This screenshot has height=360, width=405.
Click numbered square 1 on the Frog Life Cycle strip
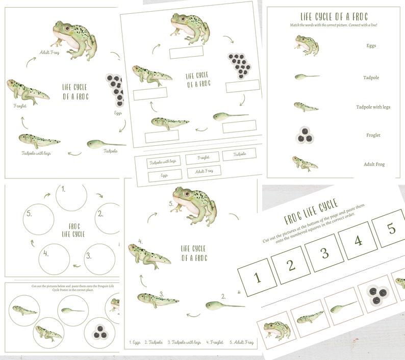pos(257,277)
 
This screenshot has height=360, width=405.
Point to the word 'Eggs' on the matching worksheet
pos(371,45)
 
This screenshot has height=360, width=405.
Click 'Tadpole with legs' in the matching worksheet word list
pos(373,107)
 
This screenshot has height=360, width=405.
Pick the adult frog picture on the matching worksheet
pos(306,46)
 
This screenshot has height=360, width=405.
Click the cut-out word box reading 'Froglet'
pos(202,158)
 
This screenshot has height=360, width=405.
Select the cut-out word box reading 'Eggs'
pos(164,175)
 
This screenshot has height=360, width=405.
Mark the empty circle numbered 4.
pos(54,259)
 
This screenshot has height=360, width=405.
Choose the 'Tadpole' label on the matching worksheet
pos(371,78)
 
